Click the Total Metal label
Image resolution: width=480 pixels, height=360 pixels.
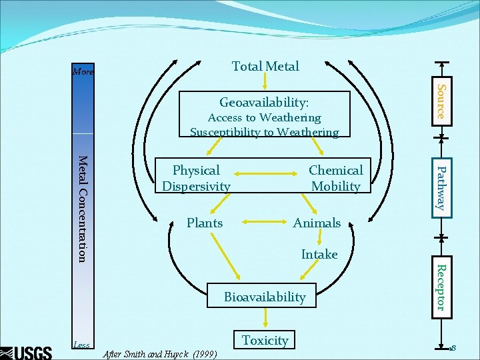pos(265,66)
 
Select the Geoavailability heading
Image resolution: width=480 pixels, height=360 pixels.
pos(265,103)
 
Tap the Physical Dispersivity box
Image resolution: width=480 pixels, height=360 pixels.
pos(196,178)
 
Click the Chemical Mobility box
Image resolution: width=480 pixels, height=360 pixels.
pos(335,178)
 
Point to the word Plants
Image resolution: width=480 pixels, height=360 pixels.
pos(205,223)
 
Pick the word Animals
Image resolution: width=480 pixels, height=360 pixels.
pos(317,223)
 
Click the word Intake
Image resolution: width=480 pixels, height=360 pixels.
pos(319,254)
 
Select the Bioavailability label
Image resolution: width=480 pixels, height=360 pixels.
pos(265,297)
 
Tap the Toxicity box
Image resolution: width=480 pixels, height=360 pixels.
pos(265,340)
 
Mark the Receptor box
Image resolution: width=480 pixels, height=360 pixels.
pos(440,287)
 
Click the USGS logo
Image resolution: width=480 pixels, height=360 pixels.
pos(27,351)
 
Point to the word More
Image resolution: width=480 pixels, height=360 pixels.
pos(83,71)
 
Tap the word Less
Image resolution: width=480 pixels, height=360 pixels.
pos(81,345)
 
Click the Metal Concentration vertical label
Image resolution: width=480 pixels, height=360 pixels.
pos(82,208)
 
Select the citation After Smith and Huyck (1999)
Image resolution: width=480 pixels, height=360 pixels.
pos(159,354)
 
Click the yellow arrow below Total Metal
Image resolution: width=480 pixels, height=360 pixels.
pos(265,81)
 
